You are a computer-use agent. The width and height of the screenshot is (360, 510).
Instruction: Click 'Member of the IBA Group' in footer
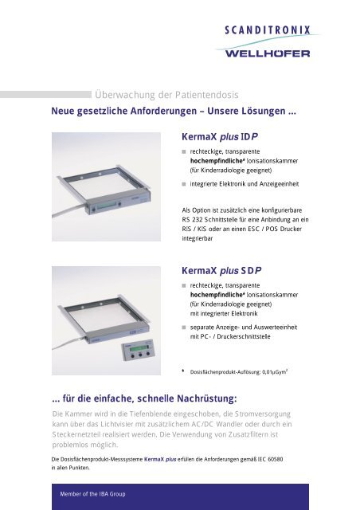pos(95,495)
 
